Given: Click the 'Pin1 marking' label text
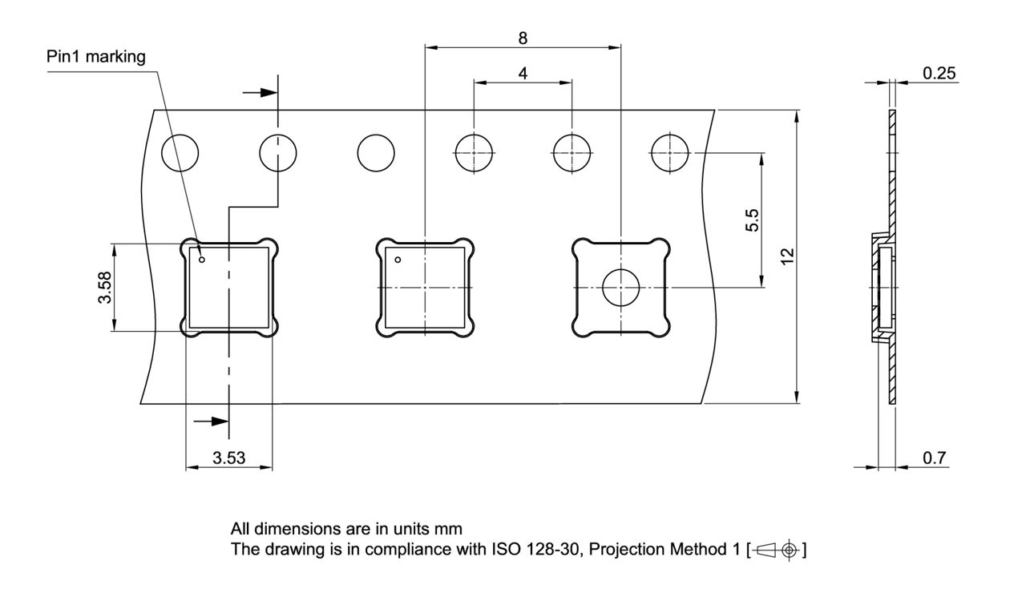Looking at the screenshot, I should pyautogui.click(x=96, y=57).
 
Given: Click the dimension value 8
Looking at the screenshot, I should pyautogui.click(x=523, y=37).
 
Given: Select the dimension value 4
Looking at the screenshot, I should pyautogui.click(x=523, y=73).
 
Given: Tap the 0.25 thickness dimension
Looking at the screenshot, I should pyautogui.click(x=939, y=73).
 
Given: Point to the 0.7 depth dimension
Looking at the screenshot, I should pyautogui.click(x=934, y=458).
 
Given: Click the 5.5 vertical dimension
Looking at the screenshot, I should pyautogui.click(x=751, y=220).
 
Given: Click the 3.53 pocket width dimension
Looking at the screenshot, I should pyautogui.click(x=229, y=458).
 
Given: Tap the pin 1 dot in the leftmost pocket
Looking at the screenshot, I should pyautogui.click(x=202, y=259).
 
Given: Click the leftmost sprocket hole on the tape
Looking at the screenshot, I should pyautogui.click(x=180, y=152).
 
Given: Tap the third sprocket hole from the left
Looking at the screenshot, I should pyautogui.click(x=376, y=152).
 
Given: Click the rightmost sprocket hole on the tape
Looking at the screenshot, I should pyautogui.click(x=669, y=152).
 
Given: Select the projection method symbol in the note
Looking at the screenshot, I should pyautogui.click(x=778, y=551).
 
